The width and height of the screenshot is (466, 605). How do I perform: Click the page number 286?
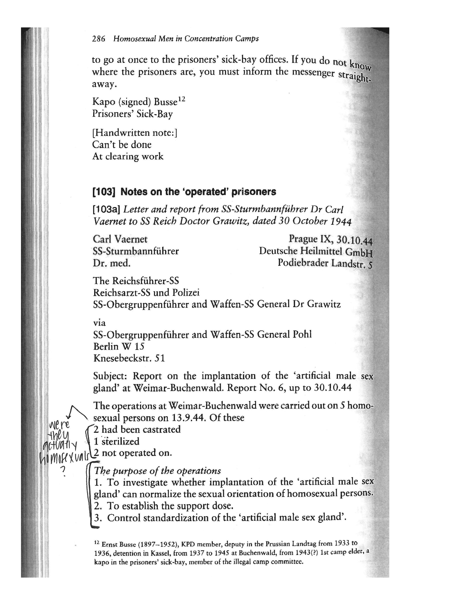click(x=99, y=39)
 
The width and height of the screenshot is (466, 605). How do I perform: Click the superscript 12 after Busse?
click(x=181, y=99)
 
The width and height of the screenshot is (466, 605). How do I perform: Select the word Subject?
click(x=110, y=376)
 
